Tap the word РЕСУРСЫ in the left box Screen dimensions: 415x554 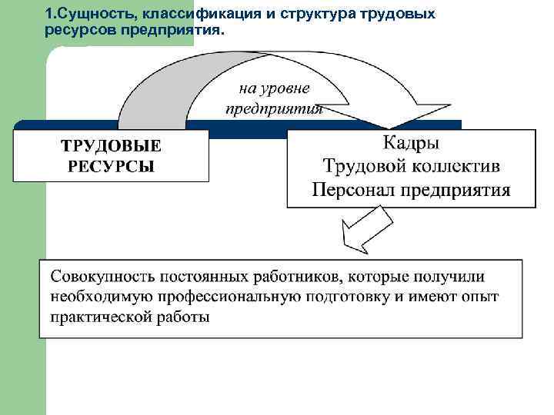111,166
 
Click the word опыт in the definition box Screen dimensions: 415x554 480,297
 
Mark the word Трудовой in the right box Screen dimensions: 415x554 364,166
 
